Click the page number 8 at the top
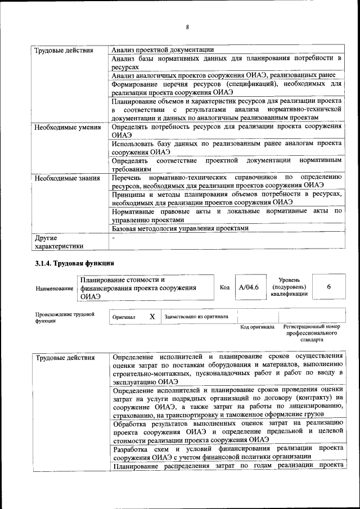187,26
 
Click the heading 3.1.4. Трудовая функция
75,263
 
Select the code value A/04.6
248,287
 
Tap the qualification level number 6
328,287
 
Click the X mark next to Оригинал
152,317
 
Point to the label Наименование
55,289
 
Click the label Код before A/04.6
224,287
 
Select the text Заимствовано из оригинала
196,317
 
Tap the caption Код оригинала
256,327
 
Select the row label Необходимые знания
64,178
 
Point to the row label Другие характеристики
58,242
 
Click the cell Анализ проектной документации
163,49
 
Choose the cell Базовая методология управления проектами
179,228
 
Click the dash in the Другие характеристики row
114,238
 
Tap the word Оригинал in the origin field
124,317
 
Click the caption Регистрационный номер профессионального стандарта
312,333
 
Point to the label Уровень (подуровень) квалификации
289,286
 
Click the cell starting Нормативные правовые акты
227,215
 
